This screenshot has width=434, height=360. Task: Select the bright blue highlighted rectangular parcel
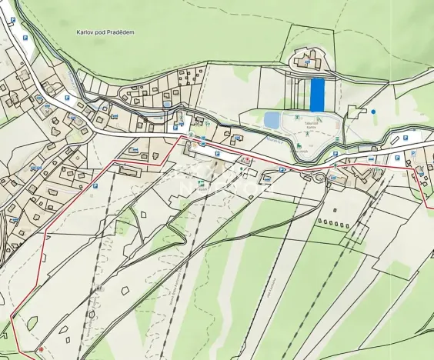coord(317,95)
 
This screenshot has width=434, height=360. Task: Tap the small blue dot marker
coord(373,112)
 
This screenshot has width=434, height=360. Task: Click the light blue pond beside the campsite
coord(272,119)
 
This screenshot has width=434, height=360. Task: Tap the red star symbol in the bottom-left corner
coord(40,350)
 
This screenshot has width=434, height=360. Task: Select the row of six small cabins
coord(332,222)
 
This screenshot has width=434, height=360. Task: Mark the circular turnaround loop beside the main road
coord(317,178)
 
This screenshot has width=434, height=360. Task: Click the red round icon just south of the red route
coord(245,160)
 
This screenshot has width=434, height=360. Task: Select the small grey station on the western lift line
coord(92,314)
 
